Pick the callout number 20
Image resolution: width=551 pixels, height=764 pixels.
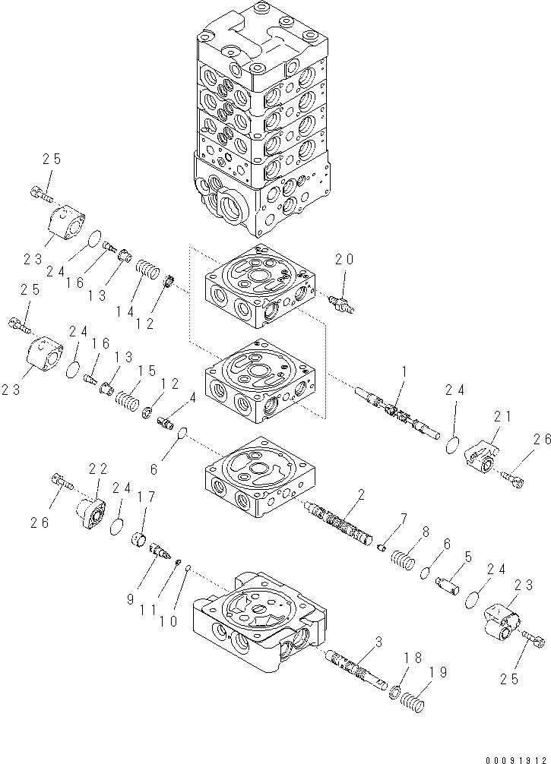pyautogui.click(x=344, y=260)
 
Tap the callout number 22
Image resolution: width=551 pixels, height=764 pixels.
pyautogui.click(x=99, y=469)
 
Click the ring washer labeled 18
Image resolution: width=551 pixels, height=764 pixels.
pyautogui.click(x=394, y=692)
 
